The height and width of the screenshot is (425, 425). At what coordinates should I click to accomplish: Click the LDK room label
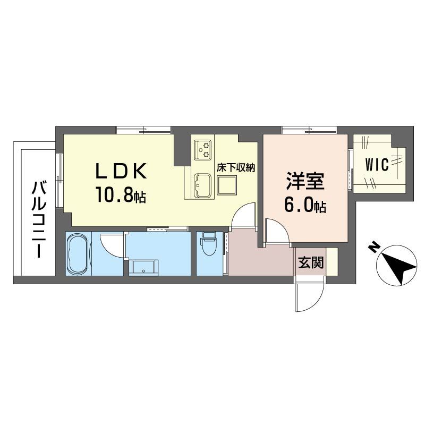pyautogui.click(x=121, y=171)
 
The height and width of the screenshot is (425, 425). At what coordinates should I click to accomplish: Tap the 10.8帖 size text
pyautogui.click(x=121, y=194)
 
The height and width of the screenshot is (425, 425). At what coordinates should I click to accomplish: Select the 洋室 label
pyautogui.click(x=305, y=181)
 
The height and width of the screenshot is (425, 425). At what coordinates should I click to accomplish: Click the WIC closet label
pyautogui.click(x=377, y=164)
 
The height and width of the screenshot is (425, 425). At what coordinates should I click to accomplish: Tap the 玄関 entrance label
pyautogui.click(x=311, y=262)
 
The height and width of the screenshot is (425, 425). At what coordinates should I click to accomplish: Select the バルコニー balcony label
pyautogui.click(x=38, y=220)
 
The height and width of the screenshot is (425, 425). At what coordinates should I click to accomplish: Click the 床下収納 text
pyautogui.click(x=236, y=168)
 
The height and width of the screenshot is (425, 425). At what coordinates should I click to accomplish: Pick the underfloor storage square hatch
pyautogui.click(x=227, y=185)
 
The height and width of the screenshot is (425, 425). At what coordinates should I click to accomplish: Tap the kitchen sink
pyautogui.click(x=203, y=185)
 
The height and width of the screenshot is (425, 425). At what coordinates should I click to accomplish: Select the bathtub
pyautogui.click(x=77, y=254)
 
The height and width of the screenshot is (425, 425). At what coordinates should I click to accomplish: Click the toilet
pyautogui.click(x=208, y=244)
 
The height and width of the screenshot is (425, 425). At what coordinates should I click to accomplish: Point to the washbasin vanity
pyautogui.click(x=143, y=268)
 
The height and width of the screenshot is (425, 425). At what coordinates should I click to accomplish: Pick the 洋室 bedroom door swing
pyautogui.click(x=278, y=231)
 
